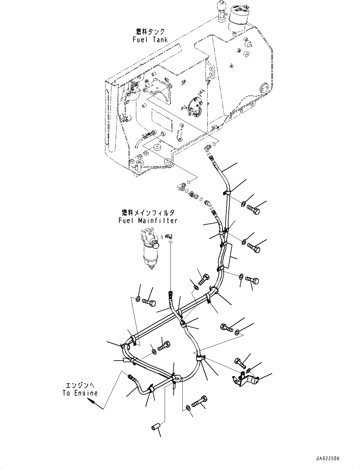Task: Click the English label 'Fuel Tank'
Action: pos(150,40)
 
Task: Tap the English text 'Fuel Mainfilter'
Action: pos(148,221)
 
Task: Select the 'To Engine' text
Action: pos(80,393)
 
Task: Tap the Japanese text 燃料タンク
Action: pos(150,32)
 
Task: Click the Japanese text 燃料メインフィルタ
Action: pos(148,213)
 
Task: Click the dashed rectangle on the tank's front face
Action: pos(161,120)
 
